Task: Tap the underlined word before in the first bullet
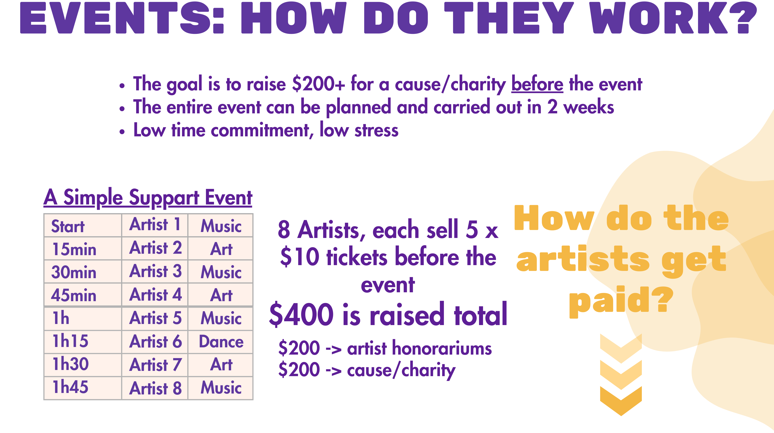[x=537, y=84]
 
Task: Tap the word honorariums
[x=419, y=348]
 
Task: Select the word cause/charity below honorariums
[x=401, y=370]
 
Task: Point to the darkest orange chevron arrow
[x=621, y=401]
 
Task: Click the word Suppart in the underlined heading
[x=164, y=198]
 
